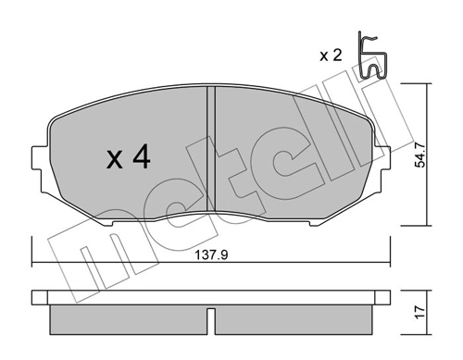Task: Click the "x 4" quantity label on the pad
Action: coord(128,158)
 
